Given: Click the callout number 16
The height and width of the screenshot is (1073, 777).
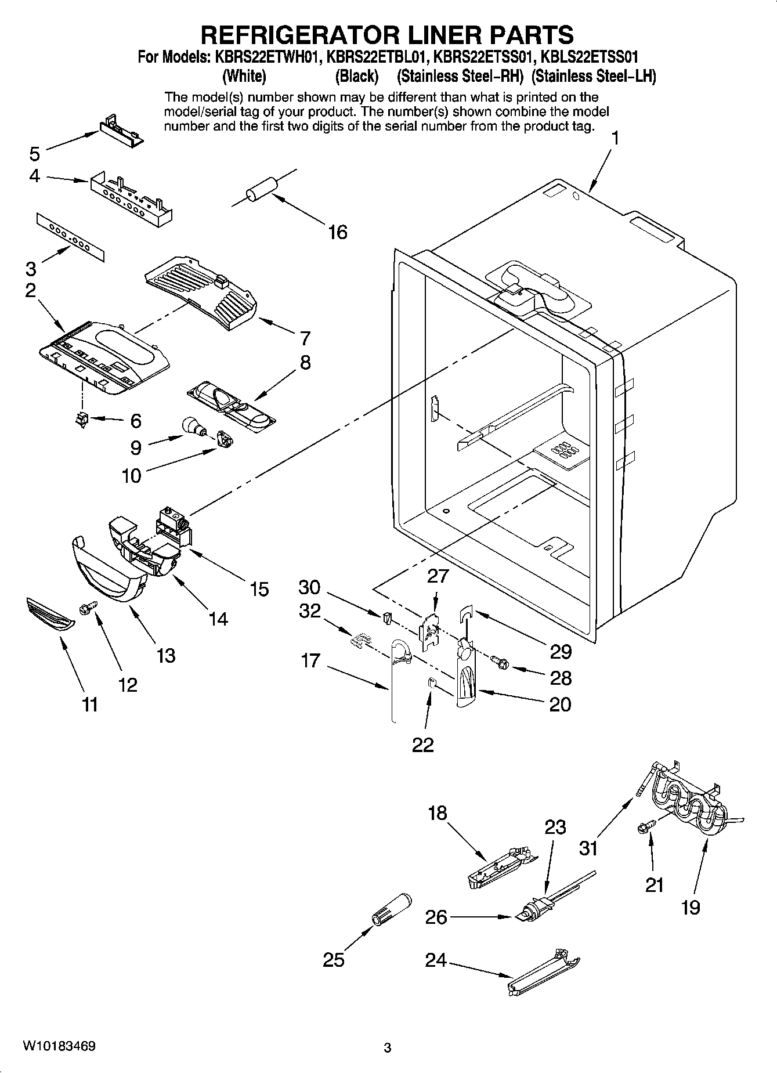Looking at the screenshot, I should click(x=337, y=232).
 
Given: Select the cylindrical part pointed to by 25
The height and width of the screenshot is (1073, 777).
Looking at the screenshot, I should click(x=391, y=909).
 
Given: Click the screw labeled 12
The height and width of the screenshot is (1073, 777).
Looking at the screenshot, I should click(x=88, y=607).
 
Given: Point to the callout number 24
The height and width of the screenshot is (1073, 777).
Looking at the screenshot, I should click(x=436, y=960).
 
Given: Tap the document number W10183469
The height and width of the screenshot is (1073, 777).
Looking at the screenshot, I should click(x=59, y=1046).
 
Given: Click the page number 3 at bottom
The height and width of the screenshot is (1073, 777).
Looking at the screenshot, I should click(x=388, y=1048).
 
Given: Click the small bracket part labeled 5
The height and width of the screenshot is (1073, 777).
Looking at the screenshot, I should click(x=121, y=131).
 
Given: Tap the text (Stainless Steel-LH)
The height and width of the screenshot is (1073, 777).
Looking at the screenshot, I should click(x=594, y=76).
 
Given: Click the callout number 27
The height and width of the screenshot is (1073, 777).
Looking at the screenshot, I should click(x=438, y=576).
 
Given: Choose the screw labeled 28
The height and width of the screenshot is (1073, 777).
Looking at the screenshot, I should click(x=498, y=661).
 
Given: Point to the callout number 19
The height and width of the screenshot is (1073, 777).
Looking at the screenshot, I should click(x=691, y=907).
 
